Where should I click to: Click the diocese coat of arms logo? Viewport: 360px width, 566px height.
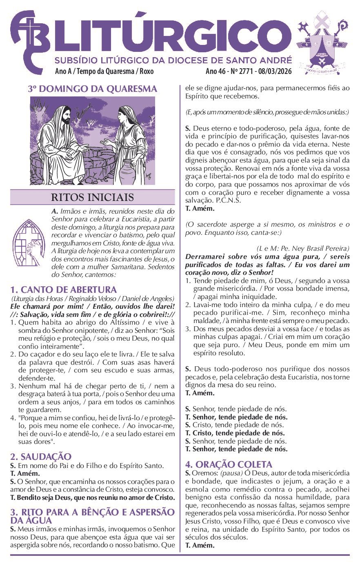[322, 43]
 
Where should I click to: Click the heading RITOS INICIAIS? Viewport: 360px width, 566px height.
[92, 197]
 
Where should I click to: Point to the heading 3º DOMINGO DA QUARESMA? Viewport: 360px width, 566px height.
[93, 89]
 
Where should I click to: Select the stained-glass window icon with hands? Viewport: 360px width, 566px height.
[28, 241]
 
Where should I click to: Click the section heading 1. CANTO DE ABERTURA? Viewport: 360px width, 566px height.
[64, 290]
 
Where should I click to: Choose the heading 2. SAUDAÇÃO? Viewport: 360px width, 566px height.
[41, 457]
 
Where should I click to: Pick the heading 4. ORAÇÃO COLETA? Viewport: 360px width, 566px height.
[229, 465]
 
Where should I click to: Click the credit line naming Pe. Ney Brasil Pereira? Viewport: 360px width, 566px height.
[303, 248]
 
